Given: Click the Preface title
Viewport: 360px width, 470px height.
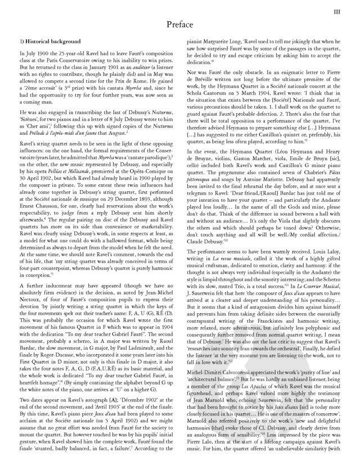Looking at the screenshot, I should [181, 26].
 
